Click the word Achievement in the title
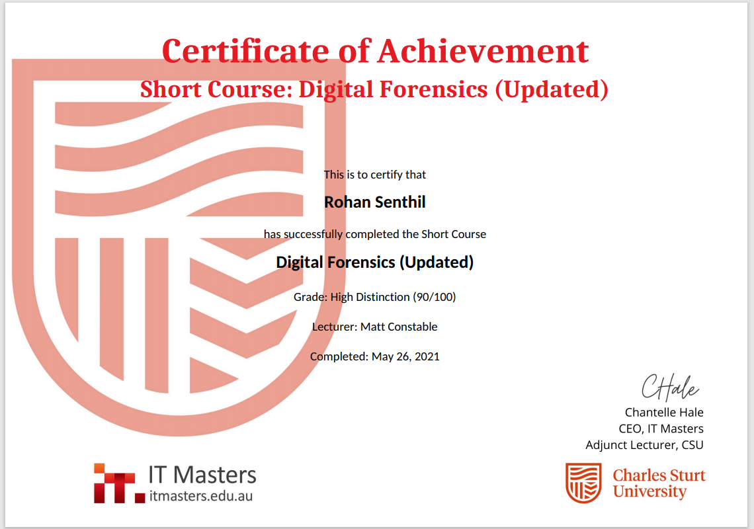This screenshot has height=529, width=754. tap(483, 51)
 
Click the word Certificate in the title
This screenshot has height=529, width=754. tap(245, 51)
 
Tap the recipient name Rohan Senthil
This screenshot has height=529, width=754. tap(374, 202)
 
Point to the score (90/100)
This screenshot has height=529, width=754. tap(435, 297)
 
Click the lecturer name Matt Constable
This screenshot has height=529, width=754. tap(399, 327)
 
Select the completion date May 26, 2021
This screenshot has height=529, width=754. tap(405, 357)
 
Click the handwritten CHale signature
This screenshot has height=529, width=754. tap(670, 387)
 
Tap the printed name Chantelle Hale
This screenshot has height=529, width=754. tap(664, 413)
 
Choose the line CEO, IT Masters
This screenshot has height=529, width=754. tap(661, 429)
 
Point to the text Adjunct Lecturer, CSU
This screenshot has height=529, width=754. tap(644, 445)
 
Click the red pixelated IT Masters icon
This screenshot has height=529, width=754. tap(119, 483)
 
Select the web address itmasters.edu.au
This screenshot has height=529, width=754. tap(200, 496)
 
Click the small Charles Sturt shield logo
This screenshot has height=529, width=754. tap(583, 483)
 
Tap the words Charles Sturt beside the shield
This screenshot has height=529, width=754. tap(659, 475)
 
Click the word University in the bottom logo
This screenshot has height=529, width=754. tap(649, 491)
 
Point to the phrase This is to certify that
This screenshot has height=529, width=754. tap(374, 175)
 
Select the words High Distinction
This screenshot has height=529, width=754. tap(370, 297)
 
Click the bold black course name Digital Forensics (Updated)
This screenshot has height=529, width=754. tap(374, 262)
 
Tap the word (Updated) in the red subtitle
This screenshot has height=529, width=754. tap(552, 89)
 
